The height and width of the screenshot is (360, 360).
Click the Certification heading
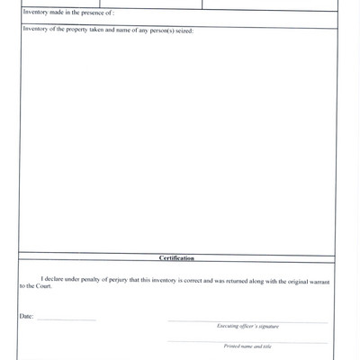(176, 258)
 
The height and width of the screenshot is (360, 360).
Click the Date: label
(25, 318)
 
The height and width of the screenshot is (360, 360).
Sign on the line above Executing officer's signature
(247, 320)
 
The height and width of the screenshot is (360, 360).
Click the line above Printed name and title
(247, 341)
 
